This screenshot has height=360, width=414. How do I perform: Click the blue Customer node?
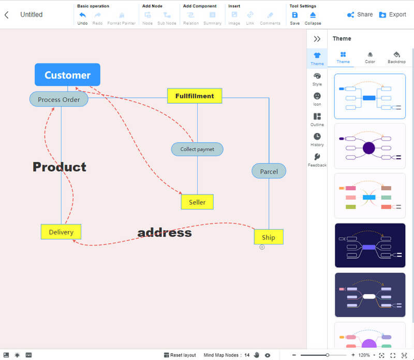tap(67, 75)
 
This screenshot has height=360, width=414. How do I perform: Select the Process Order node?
tap(59, 99)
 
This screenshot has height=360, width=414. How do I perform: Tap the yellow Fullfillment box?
tap(194, 96)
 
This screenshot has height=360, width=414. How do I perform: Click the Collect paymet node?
tap(197, 149)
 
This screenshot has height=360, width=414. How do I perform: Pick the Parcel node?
tap(269, 171)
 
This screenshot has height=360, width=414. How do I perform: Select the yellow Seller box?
tap(197, 202)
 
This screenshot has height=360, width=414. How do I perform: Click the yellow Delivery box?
tap(61, 232)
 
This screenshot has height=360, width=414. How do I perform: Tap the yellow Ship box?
tap(268, 237)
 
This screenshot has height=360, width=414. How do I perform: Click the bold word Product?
tap(60, 167)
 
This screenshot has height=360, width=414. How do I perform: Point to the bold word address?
tap(165, 233)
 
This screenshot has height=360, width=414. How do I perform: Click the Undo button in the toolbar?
tap(82, 18)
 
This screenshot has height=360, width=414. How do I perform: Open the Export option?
tap(392, 14)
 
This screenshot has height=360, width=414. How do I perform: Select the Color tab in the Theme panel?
tap(370, 57)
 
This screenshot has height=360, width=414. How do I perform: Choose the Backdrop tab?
tap(396, 57)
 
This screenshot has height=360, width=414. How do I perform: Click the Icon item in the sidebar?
tap(317, 99)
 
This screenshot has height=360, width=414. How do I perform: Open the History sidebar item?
tap(317, 139)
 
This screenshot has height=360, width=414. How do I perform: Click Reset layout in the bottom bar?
tap(180, 355)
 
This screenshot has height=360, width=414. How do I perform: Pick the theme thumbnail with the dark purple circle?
tap(369, 146)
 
